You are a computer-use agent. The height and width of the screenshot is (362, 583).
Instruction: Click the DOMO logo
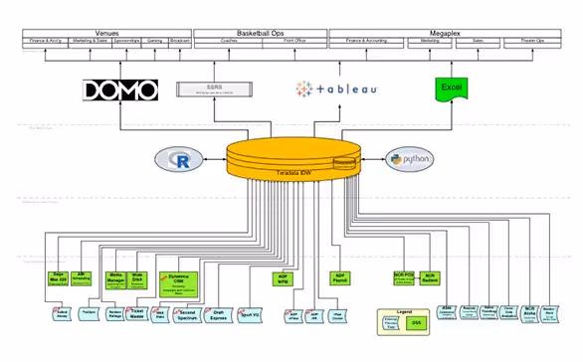[119, 90]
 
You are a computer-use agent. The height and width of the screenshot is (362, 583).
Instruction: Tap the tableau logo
[335, 90]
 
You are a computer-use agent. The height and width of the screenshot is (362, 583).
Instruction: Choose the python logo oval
[406, 160]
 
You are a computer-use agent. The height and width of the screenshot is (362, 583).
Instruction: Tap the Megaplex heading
[451, 32]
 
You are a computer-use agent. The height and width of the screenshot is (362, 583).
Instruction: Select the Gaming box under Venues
[154, 42]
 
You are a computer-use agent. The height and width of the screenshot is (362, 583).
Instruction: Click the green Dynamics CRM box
[180, 282]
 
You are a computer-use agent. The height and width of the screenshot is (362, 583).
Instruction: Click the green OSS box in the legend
[419, 323]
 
